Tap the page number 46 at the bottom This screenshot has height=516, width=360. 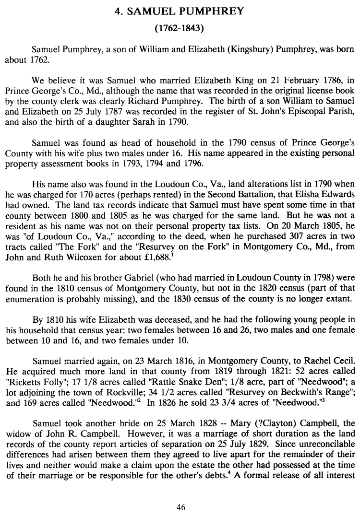[180, 508]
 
